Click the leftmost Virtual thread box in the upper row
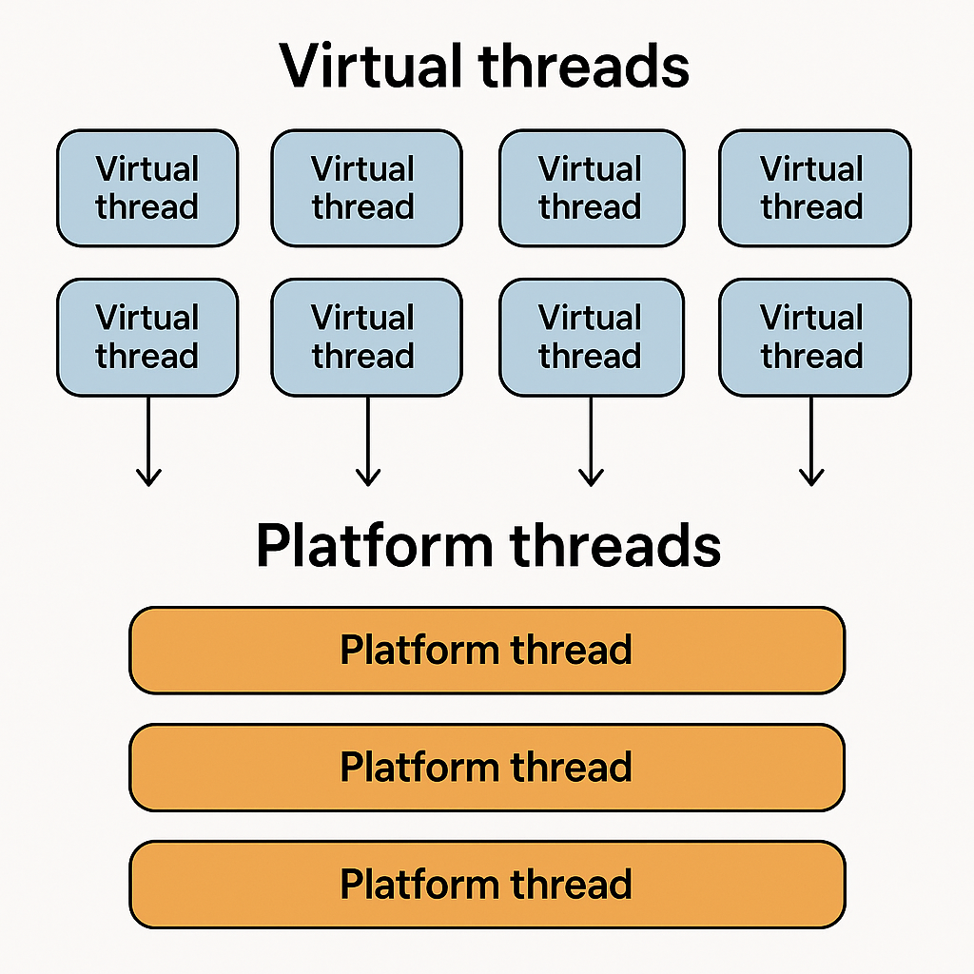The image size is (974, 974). tap(147, 188)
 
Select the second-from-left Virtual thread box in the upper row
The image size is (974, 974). tap(366, 188)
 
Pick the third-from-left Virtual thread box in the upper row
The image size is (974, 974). tap(591, 188)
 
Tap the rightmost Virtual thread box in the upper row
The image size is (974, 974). tap(814, 188)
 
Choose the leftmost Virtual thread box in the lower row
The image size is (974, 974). tap(147, 337)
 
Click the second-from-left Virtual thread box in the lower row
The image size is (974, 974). tap(366, 337)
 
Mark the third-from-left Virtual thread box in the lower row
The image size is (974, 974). tap(591, 337)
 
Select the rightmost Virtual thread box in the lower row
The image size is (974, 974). tap(814, 337)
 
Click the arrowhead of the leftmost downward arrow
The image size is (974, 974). tap(148, 478)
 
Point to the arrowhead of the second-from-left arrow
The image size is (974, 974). tap(367, 478)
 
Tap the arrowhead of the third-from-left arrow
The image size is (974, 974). tap(591, 478)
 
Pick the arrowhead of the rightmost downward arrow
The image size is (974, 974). tap(811, 478)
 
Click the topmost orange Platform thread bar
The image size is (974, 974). tap(487, 651)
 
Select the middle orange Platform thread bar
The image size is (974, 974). tap(487, 768)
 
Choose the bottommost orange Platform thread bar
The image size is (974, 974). tap(487, 885)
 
